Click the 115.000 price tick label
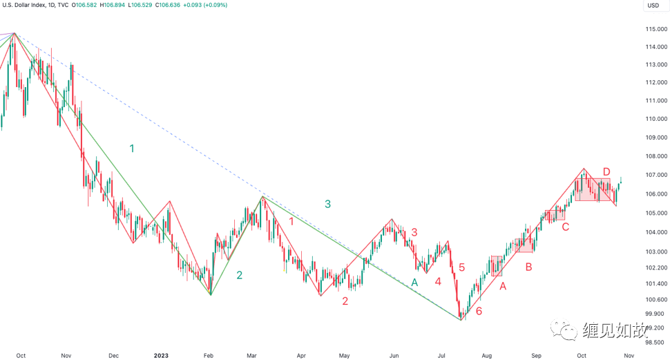(x=655, y=29)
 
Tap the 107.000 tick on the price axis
(x=655, y=176)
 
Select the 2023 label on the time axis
(x=161, y=355)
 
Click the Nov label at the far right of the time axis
(x=629, y=355)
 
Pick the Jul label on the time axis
(x=441, y=355)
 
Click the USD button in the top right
(x=653, y=6)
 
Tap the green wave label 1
(x=132, y=148)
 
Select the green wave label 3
(x=327, y=203)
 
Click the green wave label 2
(x=240, y=275)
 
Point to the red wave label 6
(x=479, y=310)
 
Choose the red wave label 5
(x=461, y=267)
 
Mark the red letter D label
(x=606, y=171)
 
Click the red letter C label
(x=565, y=227)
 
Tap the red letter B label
(x=528, y=266)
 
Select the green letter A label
(x=414, y=282)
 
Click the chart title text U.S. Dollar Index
(x=27, y=5)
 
